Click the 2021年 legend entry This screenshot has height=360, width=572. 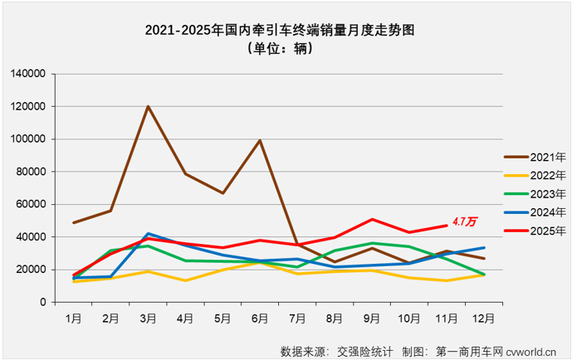(535, 157)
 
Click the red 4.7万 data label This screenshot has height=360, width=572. (465, 222)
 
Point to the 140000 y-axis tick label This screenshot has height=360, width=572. (27, 74)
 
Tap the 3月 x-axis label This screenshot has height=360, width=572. (148, 317)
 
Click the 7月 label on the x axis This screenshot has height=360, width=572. (297, 317)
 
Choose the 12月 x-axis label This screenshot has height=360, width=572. (484, 317)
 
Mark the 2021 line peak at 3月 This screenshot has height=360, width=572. (148, 106)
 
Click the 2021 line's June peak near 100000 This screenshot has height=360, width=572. (260, 140)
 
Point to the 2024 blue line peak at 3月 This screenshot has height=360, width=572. (148, 234)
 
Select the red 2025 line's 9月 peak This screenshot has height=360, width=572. (372, 220)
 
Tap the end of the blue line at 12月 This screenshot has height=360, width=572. (484, 248)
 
